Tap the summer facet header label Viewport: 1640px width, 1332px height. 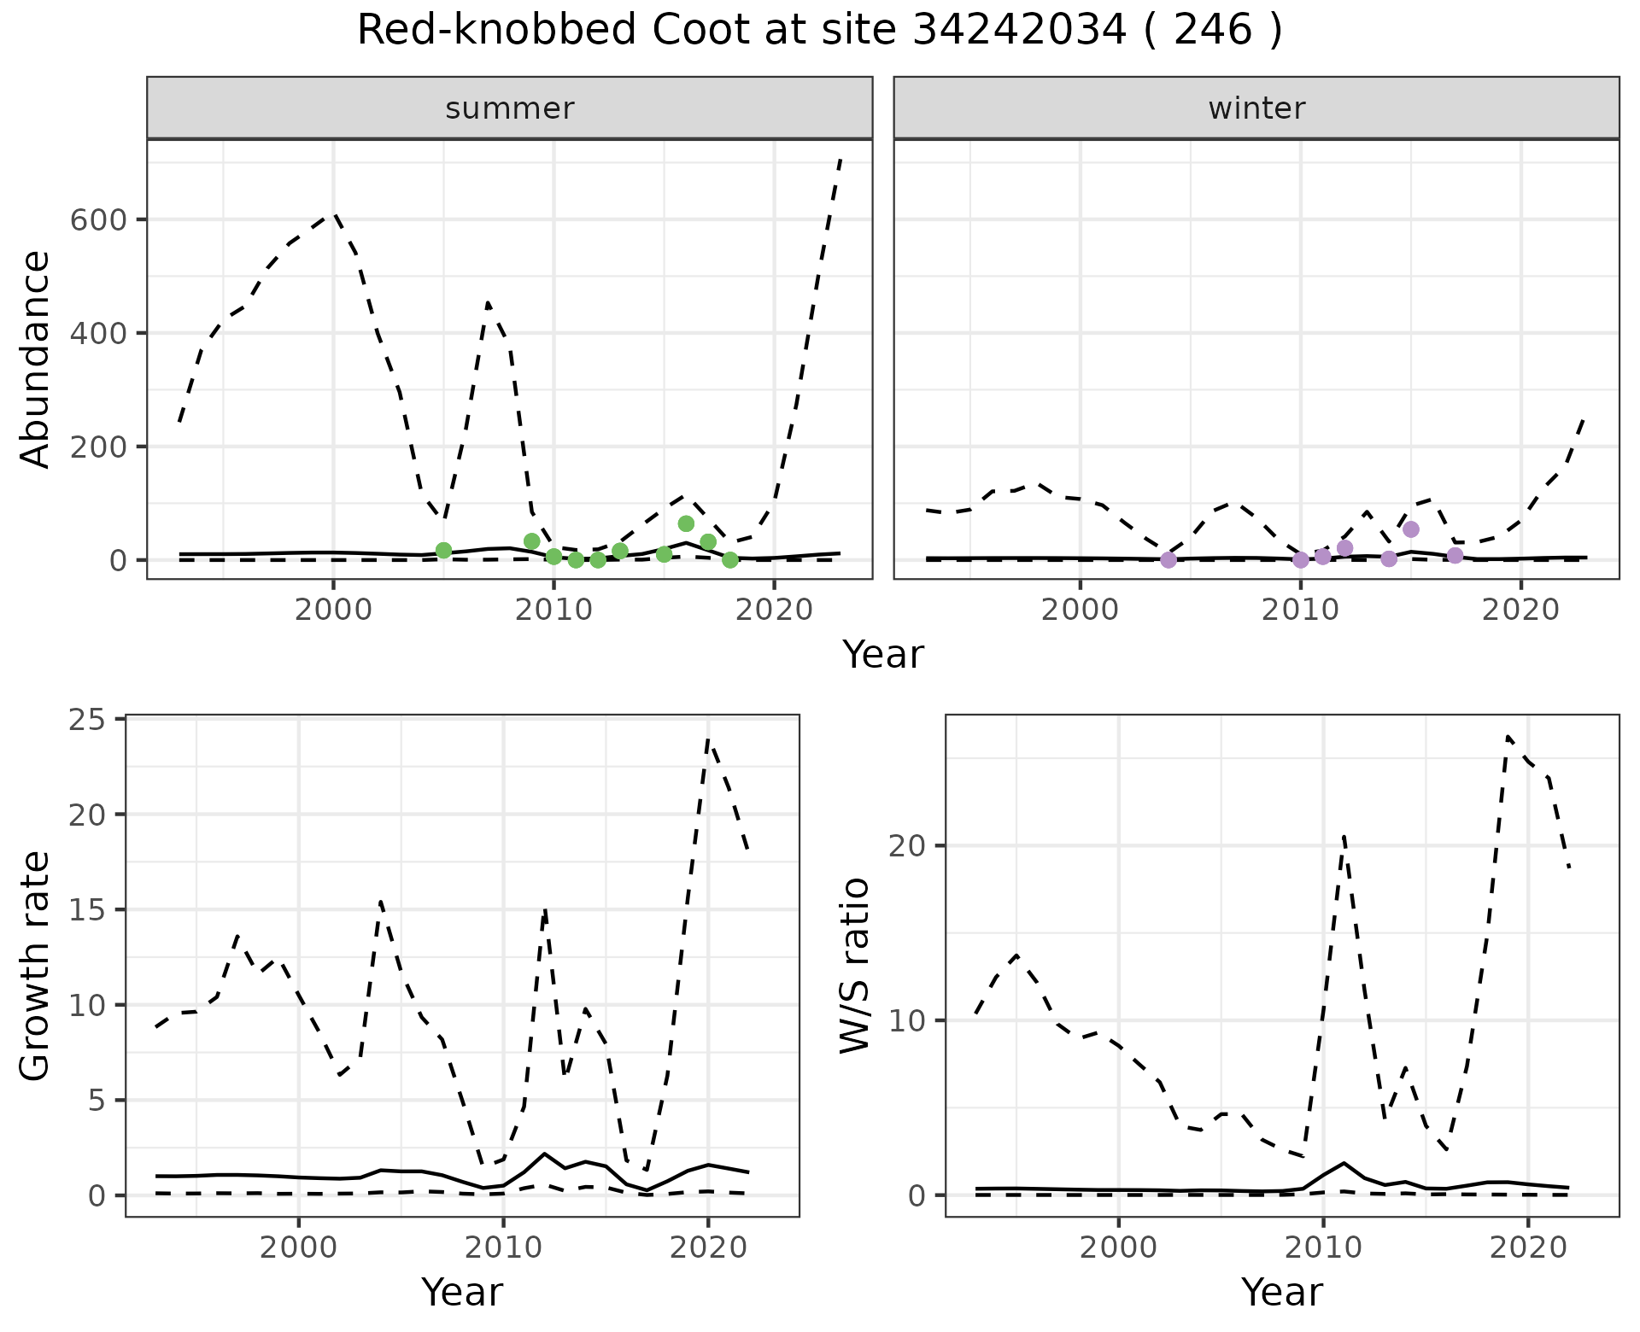pos(510,108)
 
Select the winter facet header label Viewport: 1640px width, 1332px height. pos(1256,108)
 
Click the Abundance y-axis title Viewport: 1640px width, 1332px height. pos(35,359)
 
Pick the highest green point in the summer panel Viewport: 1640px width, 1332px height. pos(686,523)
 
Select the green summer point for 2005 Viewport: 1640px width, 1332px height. pos(443,551)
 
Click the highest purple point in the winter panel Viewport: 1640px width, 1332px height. pos(1411,529)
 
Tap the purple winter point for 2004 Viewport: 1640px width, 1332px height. pos(1168,560)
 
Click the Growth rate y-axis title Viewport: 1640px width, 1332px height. pos(35,966)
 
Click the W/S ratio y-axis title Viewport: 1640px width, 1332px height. pos(855,966)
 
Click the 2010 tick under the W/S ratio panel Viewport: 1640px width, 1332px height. pos(1323,1248)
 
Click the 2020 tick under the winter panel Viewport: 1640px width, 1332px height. pos(1520,611)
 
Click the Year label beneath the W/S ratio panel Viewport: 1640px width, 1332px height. pos(1281,1293)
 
